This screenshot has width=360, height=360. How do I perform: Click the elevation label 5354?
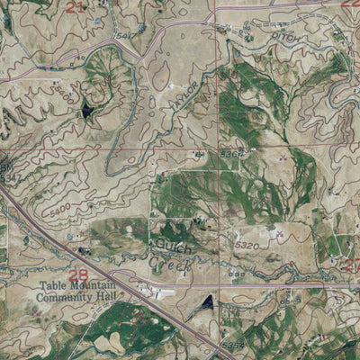pyautogui.click(x=233, y=343)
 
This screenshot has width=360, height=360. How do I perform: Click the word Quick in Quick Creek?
pyautogui.click(x=167, y=244)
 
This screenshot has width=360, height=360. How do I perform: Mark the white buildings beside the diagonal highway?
pyautogui.click(x=166, y=292)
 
